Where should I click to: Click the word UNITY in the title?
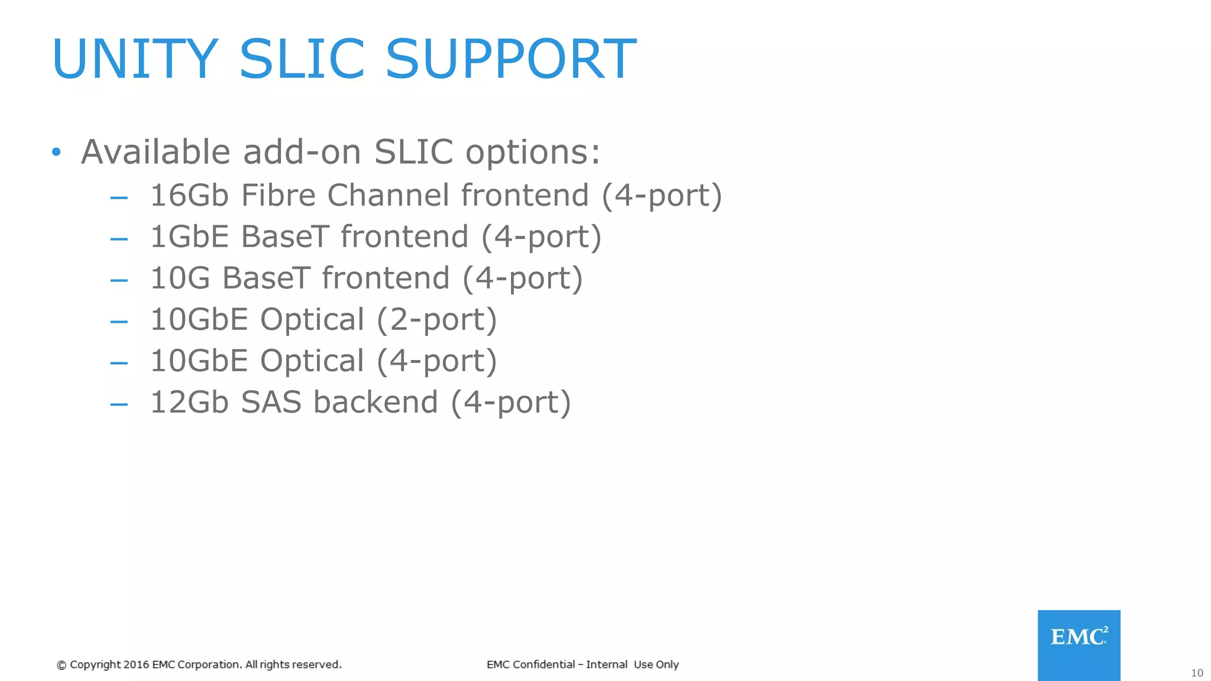(x=135, y=59)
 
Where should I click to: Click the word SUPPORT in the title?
(x=511, y=59)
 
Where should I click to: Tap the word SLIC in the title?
(x=302, y=59)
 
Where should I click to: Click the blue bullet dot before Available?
(x=56, y=153)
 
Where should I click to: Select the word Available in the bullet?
(x=155, y=152)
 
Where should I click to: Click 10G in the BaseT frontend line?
(x=180, y=278)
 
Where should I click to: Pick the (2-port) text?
(x=436, y=320)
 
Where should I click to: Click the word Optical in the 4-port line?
(x=312, y=361)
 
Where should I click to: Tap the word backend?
(x=375, y=402)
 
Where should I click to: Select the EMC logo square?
(x=1079, y=645)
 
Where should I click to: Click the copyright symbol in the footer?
(x=61, y=665)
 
